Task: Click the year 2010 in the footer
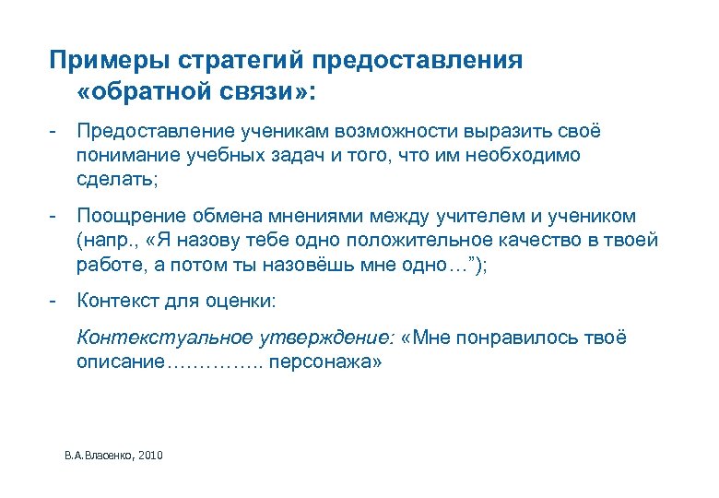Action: (149, 456)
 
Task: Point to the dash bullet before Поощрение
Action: (54, 217)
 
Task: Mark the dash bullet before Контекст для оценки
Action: (54, 301)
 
